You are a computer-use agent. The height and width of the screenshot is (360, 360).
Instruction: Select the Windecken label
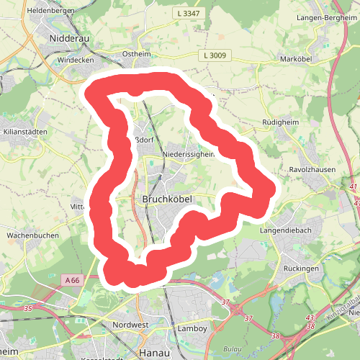pos(76,60)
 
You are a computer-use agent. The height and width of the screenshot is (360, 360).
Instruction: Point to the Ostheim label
pos(137,54)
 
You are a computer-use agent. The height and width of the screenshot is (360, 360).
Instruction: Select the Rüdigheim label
pos(280,122)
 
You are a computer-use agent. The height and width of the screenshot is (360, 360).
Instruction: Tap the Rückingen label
pos(300,269)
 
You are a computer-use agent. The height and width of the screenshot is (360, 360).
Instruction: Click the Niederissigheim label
pos(189,153)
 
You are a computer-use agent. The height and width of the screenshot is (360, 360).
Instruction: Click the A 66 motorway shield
pos(71,279)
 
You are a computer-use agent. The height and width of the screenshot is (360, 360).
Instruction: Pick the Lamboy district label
pos(192,328)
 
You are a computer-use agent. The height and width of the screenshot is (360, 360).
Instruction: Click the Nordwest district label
pos(130,325)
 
